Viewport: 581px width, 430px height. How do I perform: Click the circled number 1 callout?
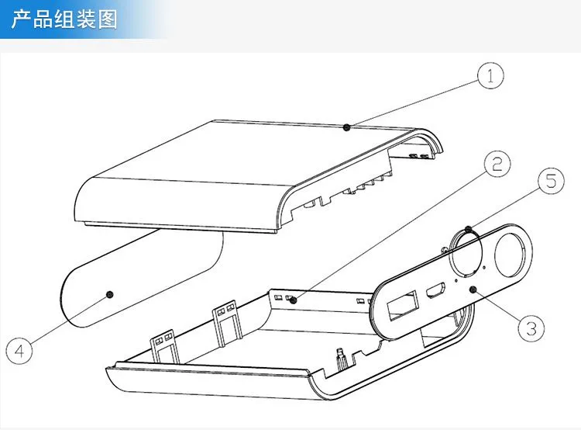490,76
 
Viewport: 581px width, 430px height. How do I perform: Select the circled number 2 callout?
497,164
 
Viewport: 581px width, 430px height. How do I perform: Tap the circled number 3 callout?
531,328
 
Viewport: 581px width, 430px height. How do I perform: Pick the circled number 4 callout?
19,350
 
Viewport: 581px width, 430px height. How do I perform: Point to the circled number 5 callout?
552,181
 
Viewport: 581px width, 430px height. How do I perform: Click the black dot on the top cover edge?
346,127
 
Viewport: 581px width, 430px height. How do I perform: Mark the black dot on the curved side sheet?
110,294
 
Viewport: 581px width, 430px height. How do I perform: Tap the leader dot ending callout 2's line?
294,300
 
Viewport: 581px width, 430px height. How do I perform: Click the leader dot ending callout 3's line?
473,290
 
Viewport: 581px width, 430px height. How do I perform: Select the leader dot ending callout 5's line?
469,229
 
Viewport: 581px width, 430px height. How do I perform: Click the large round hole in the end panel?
511,255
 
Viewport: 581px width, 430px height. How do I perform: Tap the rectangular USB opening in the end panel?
402,306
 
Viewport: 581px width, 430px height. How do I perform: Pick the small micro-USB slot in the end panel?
435,290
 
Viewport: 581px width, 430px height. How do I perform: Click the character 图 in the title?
108,19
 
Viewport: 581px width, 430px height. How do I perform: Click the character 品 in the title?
43,19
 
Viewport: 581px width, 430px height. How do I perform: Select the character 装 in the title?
86,19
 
